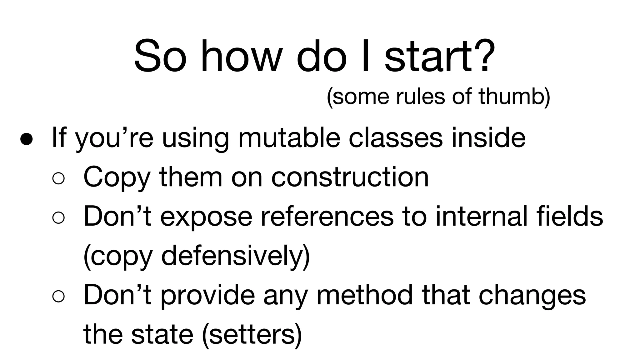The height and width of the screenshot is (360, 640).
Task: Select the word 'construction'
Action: pyautogui.click(x=350, y=177)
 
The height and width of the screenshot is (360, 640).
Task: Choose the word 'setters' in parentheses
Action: pyautogui.click(x=252, y=334)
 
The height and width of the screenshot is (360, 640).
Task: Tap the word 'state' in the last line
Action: pyautogui.click(x=162, y=334)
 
